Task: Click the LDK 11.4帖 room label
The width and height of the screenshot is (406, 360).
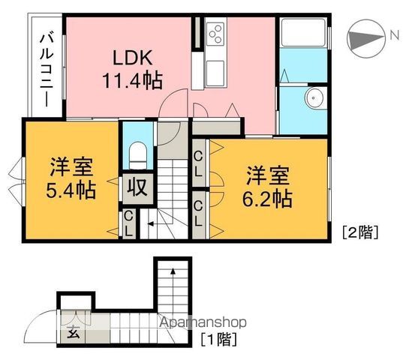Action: pyautogui.click(x=132, y=69)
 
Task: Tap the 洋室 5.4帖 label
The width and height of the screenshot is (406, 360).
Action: pyautogui.click(x=71, y=178)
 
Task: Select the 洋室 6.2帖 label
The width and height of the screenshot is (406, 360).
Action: pyautogui.click(x=267, y=187)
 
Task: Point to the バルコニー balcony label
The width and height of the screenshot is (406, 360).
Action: pyautogui.click(x=47, y=70)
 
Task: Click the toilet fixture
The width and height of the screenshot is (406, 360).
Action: pyautogui.click(x=138, y=155)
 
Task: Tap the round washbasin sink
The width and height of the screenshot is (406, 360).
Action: pyautogui.click(x=314, y=98)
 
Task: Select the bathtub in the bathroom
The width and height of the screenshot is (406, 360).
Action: pyautogui.click(x=303, y=32)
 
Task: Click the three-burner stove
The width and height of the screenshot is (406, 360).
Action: pyautogui.click(x=215, y=34)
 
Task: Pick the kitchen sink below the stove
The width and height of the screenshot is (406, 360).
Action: pyautogui.click(x=215, y=73)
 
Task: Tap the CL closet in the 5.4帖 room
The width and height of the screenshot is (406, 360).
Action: pyautogui.click(x=128, y=223)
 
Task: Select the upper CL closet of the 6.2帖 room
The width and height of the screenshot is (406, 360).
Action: pyautogui.click(x=198, y=163)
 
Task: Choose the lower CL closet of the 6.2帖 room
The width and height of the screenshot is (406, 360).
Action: pyautogui.click(x=198, y=214)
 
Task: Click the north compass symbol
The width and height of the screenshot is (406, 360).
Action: pyautogui.click(x=366, y=38)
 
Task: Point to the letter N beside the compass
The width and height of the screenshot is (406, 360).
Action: pyautogui.click(x=394, y=35)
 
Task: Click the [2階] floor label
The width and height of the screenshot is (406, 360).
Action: pyautogui.click(x=360, y=232)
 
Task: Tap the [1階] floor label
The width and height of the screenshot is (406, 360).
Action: pyautogui.click(x=219, y=339)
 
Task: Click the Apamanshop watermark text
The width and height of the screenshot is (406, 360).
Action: pyautogui.click(x=203, y=322)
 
